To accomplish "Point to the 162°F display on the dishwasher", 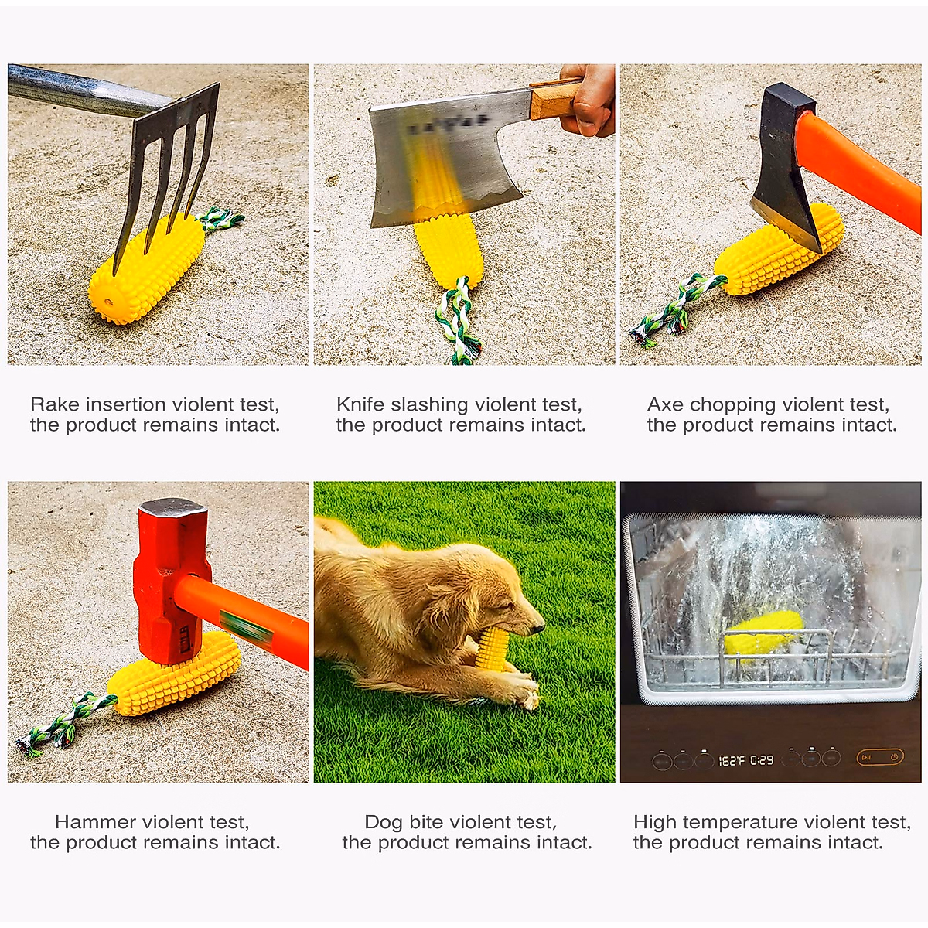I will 731,760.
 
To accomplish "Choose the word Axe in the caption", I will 665,404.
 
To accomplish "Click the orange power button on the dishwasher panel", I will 894,757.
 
